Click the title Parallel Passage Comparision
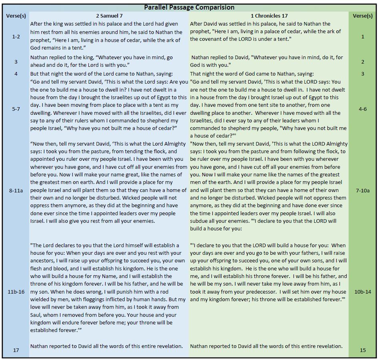click(x=189, y=7)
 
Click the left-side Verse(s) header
click(x=16, y=16)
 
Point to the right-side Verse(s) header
click(x=363, y=16)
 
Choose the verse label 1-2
click(x=16, y=36)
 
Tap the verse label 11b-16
click(x=16, y=292)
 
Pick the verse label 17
click(x=16, y=350)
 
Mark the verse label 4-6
click(x=363, y=108)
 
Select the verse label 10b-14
click(x=363, y=292)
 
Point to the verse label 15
click(x=363, y=350)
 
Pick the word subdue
click(x=201, y=221)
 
